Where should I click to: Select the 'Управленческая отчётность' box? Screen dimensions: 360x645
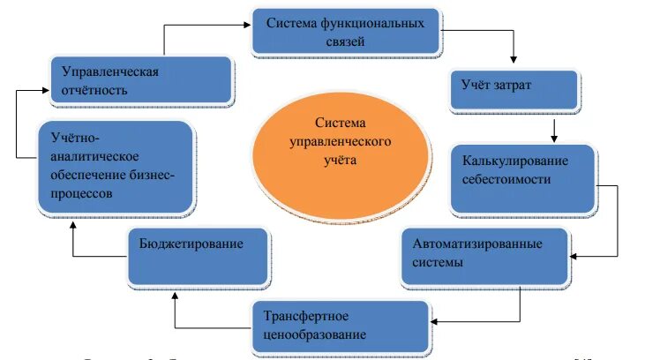pos(140,79)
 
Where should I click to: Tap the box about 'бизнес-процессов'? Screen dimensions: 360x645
pos(115,166)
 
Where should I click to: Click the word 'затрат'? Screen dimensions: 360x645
pos(515,86)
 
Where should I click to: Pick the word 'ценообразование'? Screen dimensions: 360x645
pos(314,335)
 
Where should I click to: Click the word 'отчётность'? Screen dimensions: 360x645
pos(89,90)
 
